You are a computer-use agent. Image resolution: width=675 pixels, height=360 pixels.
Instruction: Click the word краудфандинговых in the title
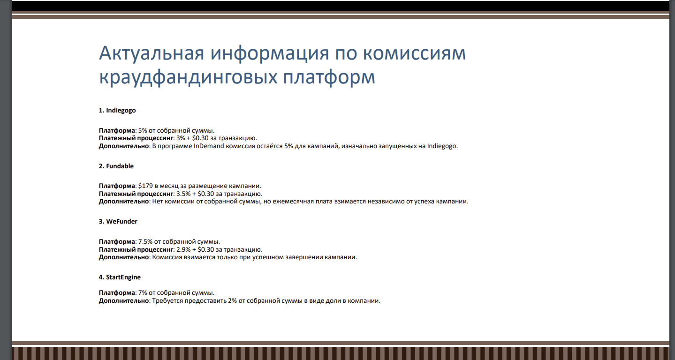pyautogui.click(x=187, y=77)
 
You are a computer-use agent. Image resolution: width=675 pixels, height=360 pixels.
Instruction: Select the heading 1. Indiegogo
pyautogui.click(x=117, y=111)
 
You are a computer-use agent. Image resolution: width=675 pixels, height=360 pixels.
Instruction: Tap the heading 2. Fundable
pyautogui.click(x=116, y=166)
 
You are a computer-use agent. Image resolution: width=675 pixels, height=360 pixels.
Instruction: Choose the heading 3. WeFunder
pyautogui.click(x=118, y=221)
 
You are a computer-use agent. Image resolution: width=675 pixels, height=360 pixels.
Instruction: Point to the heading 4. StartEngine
pyautogui.click(x=120, y=277)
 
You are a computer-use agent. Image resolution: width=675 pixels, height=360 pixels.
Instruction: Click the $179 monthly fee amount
pyautogui.click(x=146, y=186)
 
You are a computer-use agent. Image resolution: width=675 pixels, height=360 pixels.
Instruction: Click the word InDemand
pyautogui.click(x=209, y=146)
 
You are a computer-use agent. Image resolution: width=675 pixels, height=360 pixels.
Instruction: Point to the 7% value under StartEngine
pyautogui.click(x=143, y=292)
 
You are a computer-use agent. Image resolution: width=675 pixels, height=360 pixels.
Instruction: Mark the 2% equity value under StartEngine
pyautogui.click(x=232, y=300)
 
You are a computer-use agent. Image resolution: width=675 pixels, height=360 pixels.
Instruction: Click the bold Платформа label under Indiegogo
pyautogui.click(x=116, y=130)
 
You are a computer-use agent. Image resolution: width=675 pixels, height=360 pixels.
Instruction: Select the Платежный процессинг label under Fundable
pyautogui.click(x=136, y=194)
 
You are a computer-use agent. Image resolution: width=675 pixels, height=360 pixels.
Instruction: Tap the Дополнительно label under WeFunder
pyautogui.click(x=124, y=257)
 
